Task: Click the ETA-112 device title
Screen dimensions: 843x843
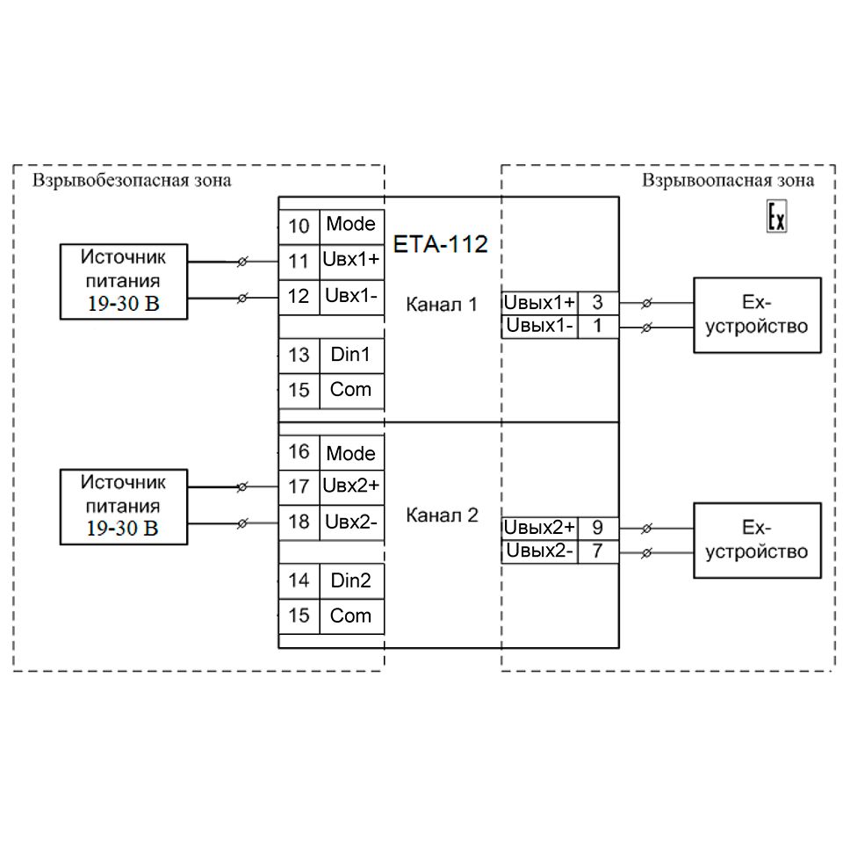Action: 440,244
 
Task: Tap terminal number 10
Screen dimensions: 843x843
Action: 299,226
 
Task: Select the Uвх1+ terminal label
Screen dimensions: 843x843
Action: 351,261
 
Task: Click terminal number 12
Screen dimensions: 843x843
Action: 299,296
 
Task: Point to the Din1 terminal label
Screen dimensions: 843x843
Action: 350,355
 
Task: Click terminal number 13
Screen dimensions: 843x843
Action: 299,355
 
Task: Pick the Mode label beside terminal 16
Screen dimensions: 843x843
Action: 350,454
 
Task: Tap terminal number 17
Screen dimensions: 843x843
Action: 299,486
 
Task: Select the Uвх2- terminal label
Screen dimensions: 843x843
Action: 350,522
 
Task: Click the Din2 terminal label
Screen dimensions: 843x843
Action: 350,580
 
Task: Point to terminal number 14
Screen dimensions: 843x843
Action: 299,580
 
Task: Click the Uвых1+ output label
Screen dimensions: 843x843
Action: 539,303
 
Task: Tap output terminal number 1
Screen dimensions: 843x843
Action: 598,327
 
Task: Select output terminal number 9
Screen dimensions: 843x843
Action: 598,528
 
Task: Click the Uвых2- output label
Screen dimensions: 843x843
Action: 539,551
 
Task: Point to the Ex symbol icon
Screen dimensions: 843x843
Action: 776,217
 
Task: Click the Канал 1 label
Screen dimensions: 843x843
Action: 442,305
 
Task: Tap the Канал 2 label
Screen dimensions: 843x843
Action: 442,515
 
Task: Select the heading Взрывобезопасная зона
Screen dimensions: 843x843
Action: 132,181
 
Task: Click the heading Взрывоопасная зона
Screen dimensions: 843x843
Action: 727,181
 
